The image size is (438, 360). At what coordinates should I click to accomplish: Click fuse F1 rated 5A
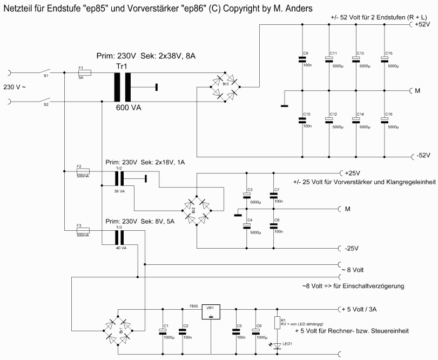(x=85, y=72)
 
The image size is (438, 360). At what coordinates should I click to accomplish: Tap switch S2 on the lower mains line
(x=46, y=101)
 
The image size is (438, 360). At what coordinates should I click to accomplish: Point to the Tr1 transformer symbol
(x=122, y=86)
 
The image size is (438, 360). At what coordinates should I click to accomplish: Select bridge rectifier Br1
(x=118, y=329)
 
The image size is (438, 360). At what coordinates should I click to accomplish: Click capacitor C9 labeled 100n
(x=302, y=59)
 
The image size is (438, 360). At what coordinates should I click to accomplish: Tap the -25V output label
(x=352, y=249)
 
